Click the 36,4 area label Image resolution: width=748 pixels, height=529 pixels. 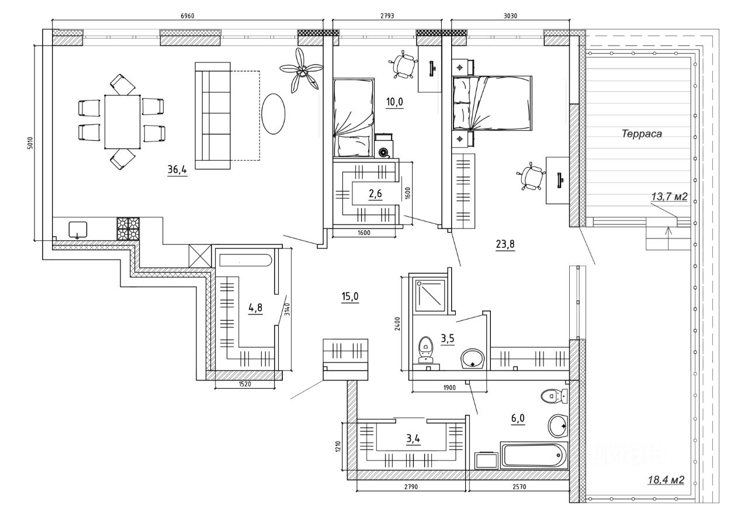coord(177,170)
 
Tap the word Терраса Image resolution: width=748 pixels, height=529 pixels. coord(641,134)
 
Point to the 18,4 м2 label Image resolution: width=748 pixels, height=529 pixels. coord(666,480)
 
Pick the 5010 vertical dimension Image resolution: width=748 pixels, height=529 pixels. coord(30,143)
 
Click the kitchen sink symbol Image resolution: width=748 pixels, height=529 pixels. coord(77,229)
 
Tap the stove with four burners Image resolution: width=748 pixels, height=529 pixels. coord(129,229)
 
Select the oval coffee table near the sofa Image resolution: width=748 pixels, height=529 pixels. coord(272,114)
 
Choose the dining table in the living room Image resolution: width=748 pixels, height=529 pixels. coord(122,122)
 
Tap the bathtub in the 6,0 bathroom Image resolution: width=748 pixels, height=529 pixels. coord(534,455)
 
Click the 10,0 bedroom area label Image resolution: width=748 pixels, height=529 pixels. coord(395,102)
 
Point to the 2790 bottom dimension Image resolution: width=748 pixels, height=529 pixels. coord(408,487)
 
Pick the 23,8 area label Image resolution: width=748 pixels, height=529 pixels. coord(505,245)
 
